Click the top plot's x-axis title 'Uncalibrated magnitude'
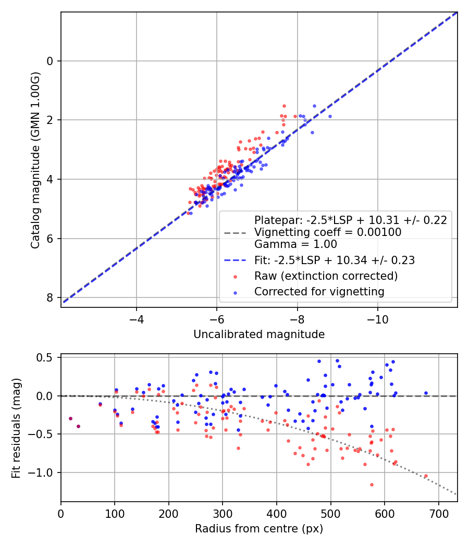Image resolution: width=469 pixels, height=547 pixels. pos(259,334)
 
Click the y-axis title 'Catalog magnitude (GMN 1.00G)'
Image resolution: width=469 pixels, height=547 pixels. pos(35,160)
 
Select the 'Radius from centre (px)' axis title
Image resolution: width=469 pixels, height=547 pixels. pos(259,529)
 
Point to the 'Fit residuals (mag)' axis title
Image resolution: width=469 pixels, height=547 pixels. pos(16,428)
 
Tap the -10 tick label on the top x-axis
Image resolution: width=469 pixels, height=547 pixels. pos(378,318)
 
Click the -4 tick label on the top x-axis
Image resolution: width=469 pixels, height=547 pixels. pos(137,318)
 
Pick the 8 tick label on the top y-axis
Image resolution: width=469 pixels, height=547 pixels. pos(50,298)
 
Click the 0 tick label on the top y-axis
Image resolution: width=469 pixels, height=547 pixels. pos(50,61)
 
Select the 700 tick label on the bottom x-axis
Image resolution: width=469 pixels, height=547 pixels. pos(438,513)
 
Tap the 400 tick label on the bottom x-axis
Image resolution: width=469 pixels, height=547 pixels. pos(277,513)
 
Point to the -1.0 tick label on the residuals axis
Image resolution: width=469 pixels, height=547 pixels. pos(44,473)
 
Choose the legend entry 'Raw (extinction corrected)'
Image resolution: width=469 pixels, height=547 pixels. pos(326,276)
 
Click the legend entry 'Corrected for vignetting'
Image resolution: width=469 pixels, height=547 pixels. pos(319,292)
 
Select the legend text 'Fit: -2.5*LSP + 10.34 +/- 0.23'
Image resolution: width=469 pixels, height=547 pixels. pos(335,260)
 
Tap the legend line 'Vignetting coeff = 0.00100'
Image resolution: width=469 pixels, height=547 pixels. pos(328,232)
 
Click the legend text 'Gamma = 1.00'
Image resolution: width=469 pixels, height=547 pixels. pos(295,244)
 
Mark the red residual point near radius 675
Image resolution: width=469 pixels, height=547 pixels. pos(426,476)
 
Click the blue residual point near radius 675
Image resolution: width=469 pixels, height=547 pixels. pos(426,393)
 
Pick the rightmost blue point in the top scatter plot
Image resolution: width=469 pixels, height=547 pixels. pos(330,116)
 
